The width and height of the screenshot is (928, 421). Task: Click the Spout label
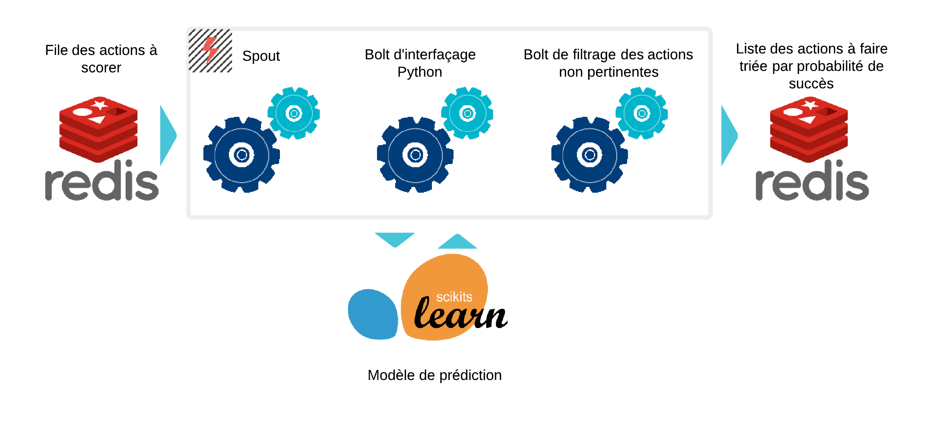[261, 56]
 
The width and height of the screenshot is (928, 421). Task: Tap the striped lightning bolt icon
[210, 51]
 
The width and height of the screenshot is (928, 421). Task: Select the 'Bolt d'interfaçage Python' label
[420, 63]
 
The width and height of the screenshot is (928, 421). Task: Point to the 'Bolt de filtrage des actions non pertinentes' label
[608, 63]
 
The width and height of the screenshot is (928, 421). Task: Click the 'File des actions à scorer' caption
[101, 59]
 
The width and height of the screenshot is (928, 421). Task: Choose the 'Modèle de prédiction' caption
[435, 375]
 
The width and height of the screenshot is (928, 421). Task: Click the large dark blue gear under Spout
[242, 155]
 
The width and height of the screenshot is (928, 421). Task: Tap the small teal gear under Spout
[294, 113]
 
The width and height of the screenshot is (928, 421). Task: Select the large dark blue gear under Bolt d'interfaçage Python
[415, 155]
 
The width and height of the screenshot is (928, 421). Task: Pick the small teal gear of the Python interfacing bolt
[467, 113]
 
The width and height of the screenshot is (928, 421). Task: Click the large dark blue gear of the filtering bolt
[590, 155]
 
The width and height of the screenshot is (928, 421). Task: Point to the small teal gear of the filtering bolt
[642, 113]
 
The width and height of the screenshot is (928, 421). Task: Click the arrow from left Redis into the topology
[168, 135]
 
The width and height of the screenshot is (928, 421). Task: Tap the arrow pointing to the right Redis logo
[729, 135]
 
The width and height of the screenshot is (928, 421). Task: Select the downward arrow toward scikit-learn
[395, 239]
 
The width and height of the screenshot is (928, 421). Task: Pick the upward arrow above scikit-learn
[457, 242]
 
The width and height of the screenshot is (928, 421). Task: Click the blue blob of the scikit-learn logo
[373, 314]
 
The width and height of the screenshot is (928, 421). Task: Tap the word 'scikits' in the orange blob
[454, 297]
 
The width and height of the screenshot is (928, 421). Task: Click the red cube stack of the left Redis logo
[98, 129]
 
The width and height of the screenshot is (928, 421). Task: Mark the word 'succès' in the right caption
[811, 84]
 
